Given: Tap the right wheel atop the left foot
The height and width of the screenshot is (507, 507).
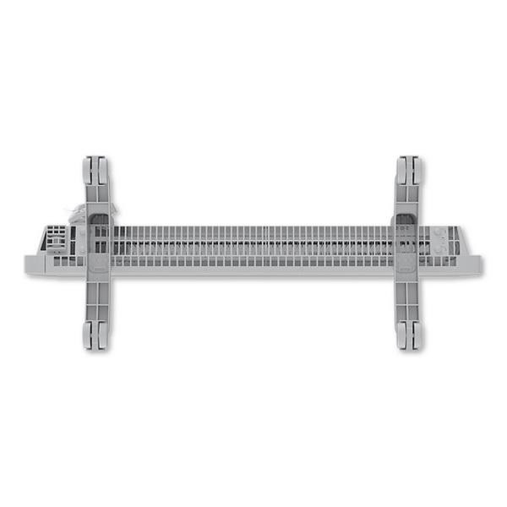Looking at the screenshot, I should pos(102,170).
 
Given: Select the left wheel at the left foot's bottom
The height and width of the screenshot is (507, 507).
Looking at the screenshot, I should pos(90,336).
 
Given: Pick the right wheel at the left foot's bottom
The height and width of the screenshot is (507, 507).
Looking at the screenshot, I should pos(102,336).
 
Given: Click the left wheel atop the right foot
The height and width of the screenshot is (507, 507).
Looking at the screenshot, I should pos(403,170).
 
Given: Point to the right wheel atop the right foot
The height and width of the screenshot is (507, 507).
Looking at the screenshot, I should pos(415,170).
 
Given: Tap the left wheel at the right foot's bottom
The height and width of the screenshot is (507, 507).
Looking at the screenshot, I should pos(403,336).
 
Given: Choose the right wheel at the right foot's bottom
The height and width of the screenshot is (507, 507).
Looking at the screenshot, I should pos(416,336).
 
